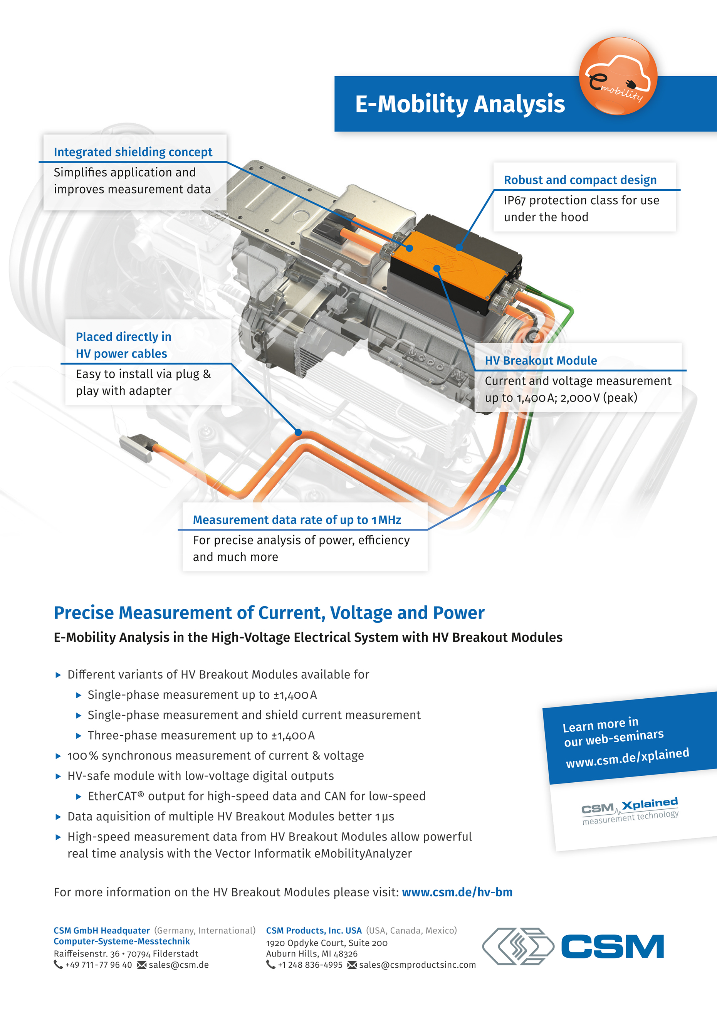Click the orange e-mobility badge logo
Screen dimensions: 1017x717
(x=618, y=76)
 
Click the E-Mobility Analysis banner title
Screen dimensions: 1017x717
(x=459, y=104)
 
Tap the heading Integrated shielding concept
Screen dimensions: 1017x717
(x=133, y=152)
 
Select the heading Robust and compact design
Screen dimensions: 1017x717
(x=580, y=180)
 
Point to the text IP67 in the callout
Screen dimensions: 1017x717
(x=514, y=201)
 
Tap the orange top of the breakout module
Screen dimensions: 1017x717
(x=456, y=266)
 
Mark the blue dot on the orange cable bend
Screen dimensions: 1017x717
(x=298, y=432)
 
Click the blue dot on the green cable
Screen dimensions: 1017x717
(x=503, y=488)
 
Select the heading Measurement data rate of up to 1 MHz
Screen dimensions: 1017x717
(x=297, y=519)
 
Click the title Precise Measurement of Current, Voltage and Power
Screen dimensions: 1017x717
(x=269, y=613)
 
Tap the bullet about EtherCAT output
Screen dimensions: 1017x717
(x=257, y=796)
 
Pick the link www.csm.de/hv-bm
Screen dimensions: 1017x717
(x=457, y=892)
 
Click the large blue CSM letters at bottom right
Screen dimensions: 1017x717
(x=613, y=946)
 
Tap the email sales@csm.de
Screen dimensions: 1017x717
(x=178, y=965)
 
